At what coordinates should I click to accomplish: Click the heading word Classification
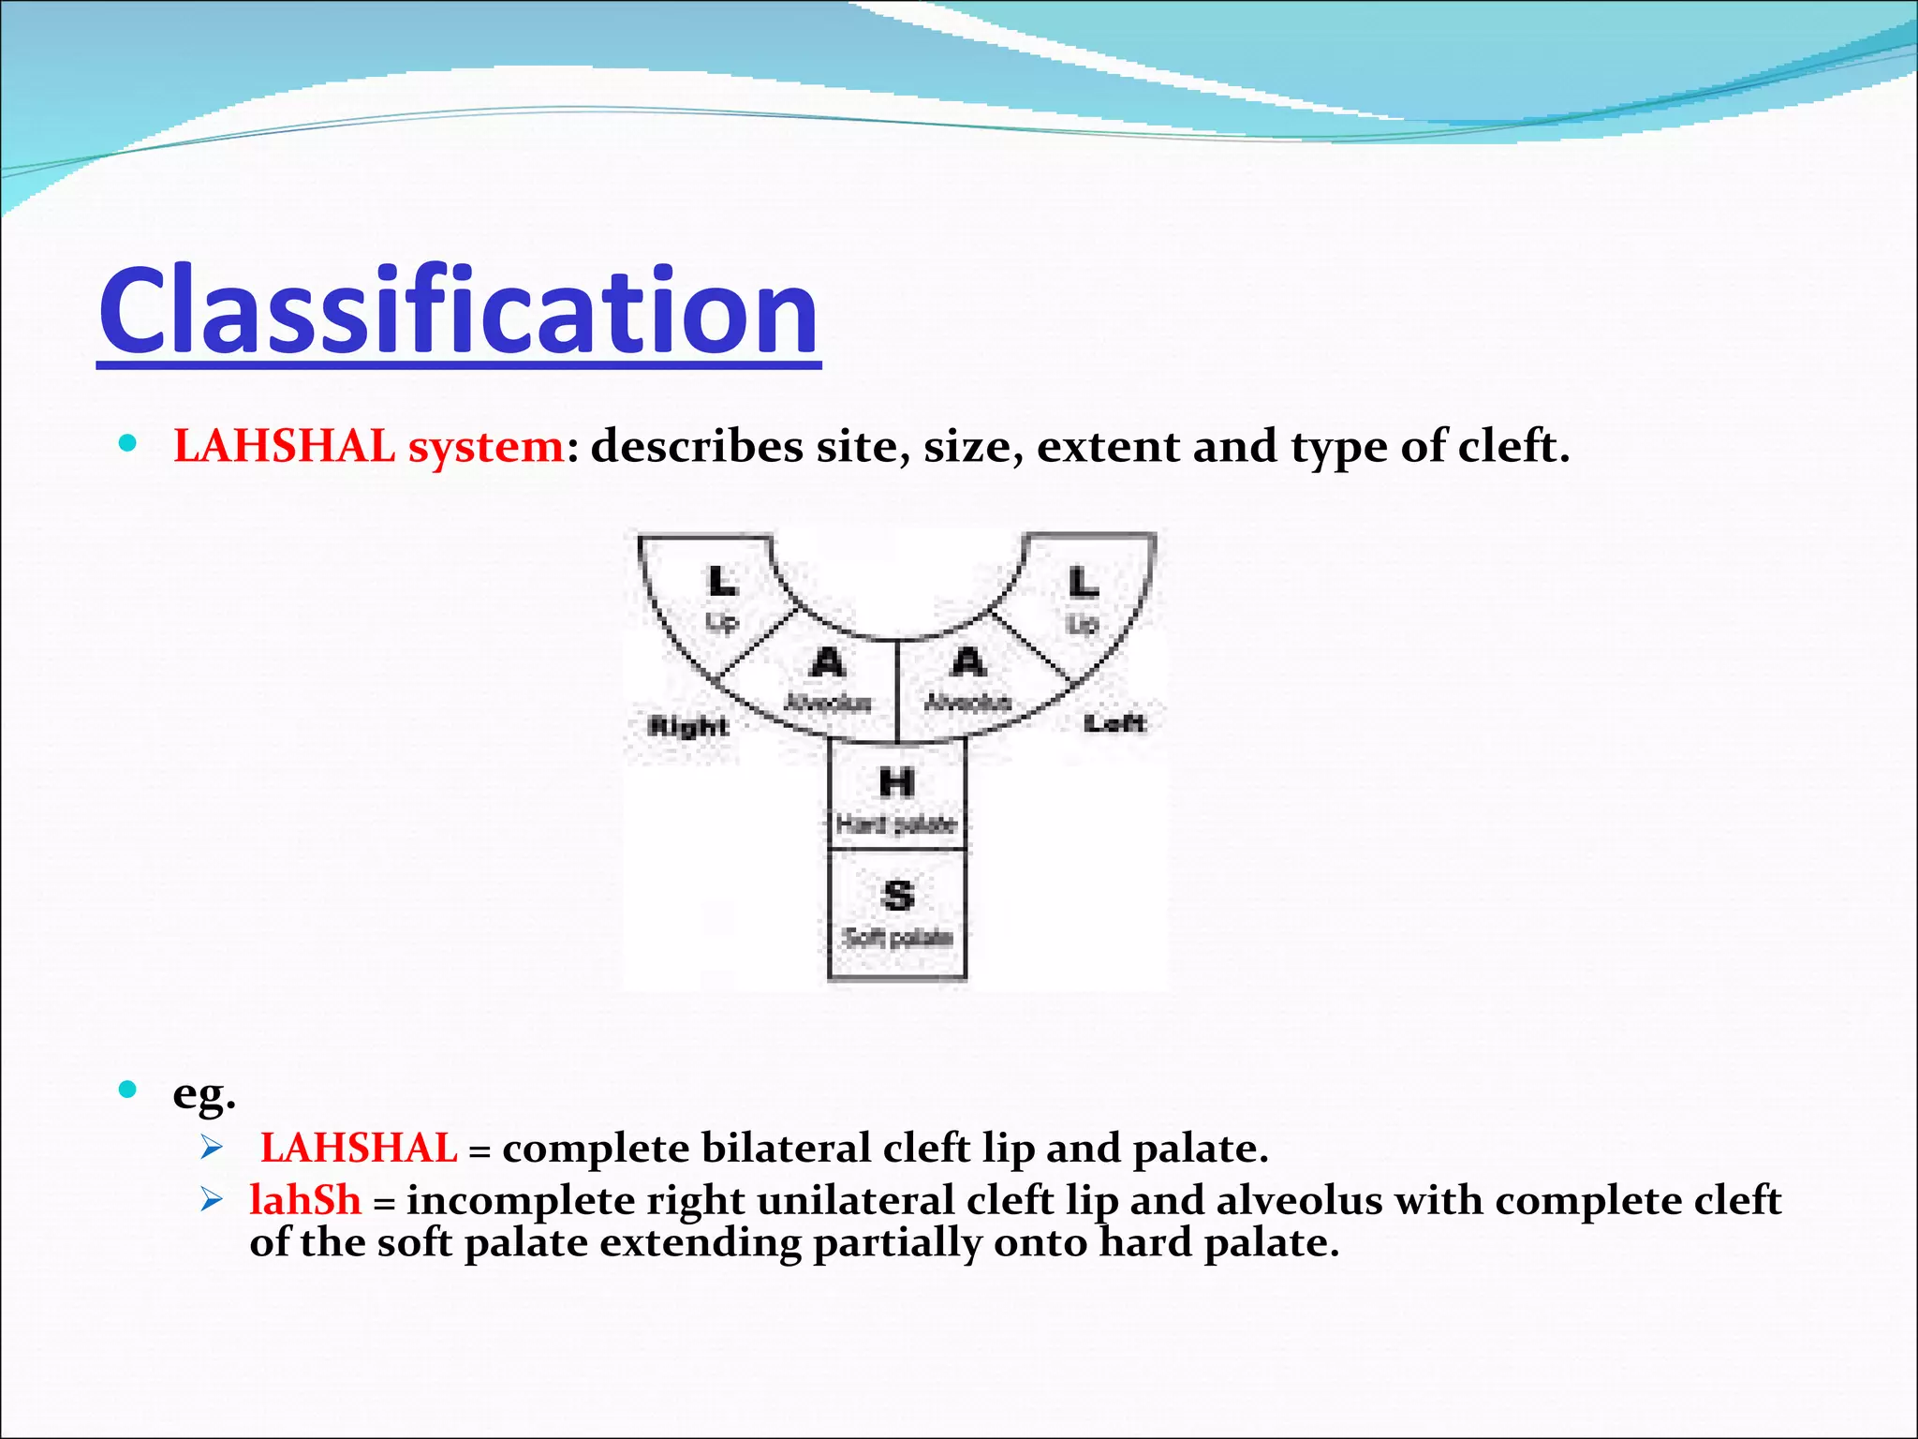click(459, 312)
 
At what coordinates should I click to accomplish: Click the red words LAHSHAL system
click(369, 446)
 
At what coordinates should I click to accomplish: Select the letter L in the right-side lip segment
click(722, 582)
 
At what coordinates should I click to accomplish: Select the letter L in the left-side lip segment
click(1084, 583)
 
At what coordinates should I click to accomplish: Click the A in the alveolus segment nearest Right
click(827, 663)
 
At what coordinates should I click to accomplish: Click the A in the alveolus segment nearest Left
click(968, 663)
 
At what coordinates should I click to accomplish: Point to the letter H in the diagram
click(896, 782)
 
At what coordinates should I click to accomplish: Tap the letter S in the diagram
click(897, 896)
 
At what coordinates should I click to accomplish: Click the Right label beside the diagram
click(688, 726)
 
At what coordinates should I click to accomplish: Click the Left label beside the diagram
click(1114, 723)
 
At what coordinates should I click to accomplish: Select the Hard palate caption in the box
click(896, 824)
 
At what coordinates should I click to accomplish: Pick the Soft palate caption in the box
click(897, 938)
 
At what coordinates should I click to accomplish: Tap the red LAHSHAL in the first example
click(359, 1149)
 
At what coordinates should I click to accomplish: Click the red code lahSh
click(305, 1200)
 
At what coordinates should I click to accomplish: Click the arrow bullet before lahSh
click(212, 1199)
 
